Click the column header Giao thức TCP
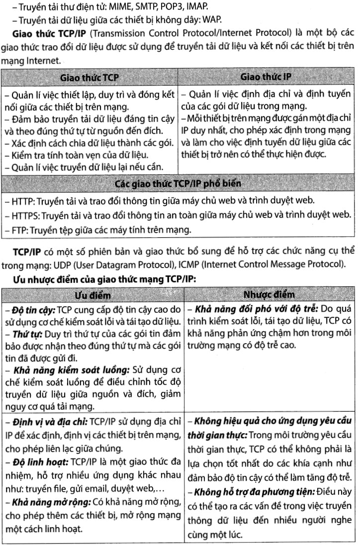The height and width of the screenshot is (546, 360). click(90, 78)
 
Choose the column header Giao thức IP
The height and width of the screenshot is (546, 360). click(266, 77)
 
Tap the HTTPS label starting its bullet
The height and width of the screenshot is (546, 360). click(24, 215)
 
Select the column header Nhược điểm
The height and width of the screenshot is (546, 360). click(269, 295)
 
